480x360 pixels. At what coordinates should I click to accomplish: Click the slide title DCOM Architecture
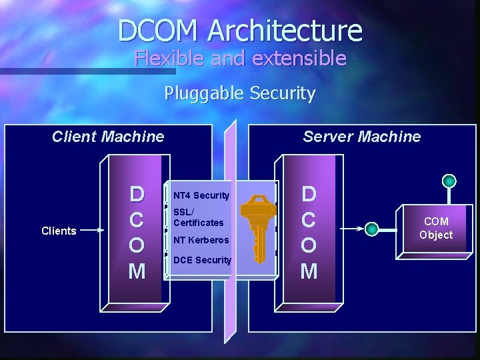click(x=240, y=31)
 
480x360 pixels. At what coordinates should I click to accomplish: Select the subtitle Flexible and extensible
click(x=240, y=59)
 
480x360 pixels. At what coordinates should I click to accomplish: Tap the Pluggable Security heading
click(x=240, y=93)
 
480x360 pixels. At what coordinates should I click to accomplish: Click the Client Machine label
click(x=108, y=137)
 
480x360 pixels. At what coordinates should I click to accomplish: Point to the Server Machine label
click(x=361, y=137)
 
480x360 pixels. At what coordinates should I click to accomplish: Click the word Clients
click(x=59, y=231)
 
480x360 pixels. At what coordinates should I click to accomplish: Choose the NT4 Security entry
click(x=201, y=195)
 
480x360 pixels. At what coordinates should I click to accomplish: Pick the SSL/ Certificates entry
click(x=198, y=217)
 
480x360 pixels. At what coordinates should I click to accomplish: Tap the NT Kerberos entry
click(x=201, y=240)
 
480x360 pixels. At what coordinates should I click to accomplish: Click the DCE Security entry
click(x=202, y=260)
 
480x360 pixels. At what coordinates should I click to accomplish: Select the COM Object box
click(x=436, y=228)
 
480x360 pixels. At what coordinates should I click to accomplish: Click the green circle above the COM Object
click(x=450, y=181)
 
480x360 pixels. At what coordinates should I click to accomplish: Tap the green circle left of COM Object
click(x=372, y=229)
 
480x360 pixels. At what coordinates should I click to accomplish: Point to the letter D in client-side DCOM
click(x=137, y=194)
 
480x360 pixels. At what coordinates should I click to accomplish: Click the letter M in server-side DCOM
click(x=309, y=271)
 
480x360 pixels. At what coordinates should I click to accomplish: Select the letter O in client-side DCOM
click(x=137, y=245)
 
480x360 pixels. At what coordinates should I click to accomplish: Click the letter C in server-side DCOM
click(x=309, y=219)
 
